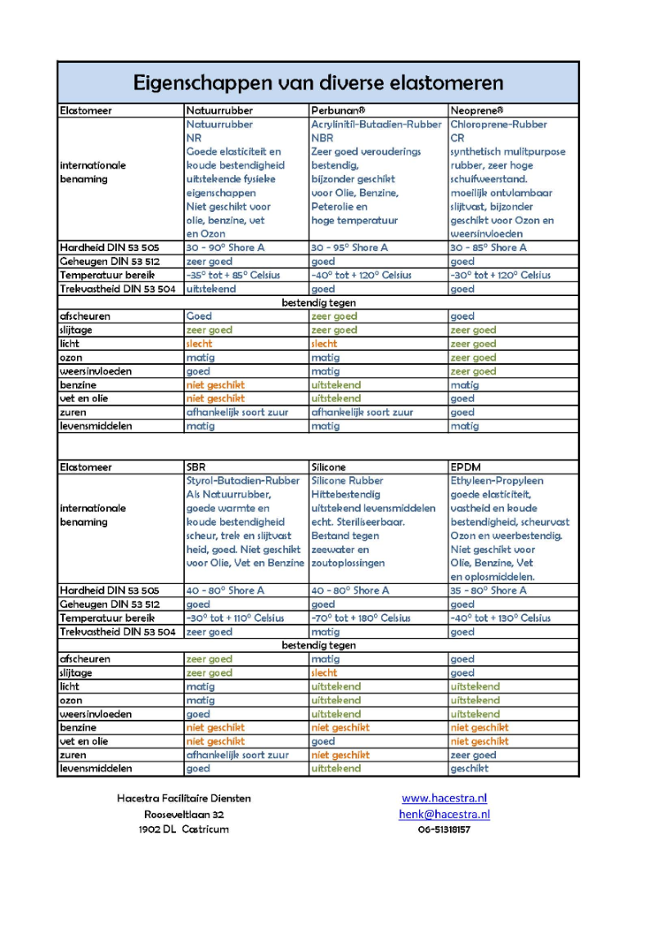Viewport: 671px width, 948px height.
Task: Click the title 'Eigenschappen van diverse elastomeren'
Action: tap(317, 83)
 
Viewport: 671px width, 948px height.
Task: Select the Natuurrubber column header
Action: tap(219, 110)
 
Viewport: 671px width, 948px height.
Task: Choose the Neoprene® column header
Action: tap(477, 110)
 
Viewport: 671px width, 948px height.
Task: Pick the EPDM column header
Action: tap(465, 467)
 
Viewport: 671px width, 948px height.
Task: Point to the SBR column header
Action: tap(196, 467)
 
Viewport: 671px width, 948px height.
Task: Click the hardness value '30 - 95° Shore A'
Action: tap(349, 248)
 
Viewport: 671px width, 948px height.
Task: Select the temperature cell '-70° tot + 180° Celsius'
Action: tap(361, 618)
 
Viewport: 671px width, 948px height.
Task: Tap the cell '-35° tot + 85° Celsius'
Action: tap(234, 276)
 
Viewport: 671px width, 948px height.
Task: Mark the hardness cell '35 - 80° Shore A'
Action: tap(489, 591)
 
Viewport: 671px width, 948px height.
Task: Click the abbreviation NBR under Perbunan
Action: tap(322, 138)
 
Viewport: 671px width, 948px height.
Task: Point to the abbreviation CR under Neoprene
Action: tap(457, 138)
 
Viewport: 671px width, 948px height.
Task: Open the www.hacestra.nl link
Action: tap(444, 798)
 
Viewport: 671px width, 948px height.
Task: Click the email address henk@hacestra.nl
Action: tap(444, 814)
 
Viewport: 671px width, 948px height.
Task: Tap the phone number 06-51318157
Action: tap(444, 829)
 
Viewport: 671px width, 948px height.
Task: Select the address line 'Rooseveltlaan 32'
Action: tap(184, 814)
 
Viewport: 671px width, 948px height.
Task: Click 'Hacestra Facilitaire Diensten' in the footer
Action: tap(184, 798)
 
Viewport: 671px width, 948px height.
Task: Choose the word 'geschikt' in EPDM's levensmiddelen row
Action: tap(469, 769)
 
